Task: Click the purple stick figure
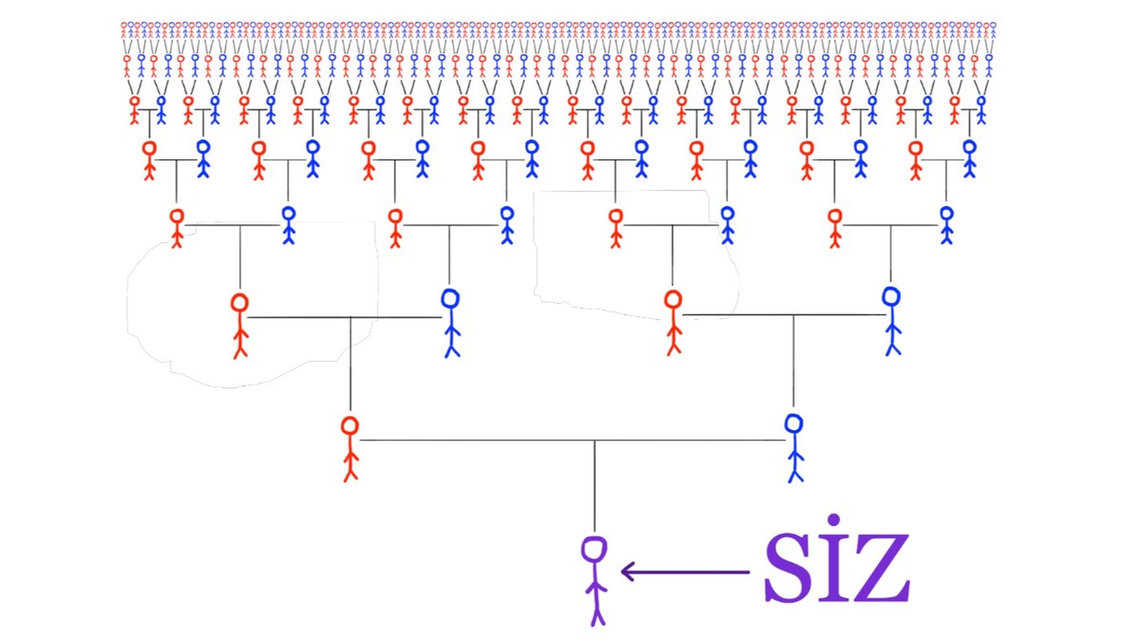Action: pyautogui.click(x=595, y=581)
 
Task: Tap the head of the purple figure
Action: pyautogui.click(x=594, y=549)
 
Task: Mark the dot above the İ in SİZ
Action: pyautogui.click(x=833, y=520)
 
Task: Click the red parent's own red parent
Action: pyautogui.click(x=240, y=325)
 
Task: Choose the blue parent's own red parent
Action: pyautogui.click(x=673, y=322)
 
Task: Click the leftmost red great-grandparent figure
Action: pyautogui.click(x=177, y=228)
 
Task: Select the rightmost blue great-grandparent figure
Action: pyautogui.click(x=947, y=225)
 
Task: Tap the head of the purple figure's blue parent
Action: pyautogui.click(x=793, y=424)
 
